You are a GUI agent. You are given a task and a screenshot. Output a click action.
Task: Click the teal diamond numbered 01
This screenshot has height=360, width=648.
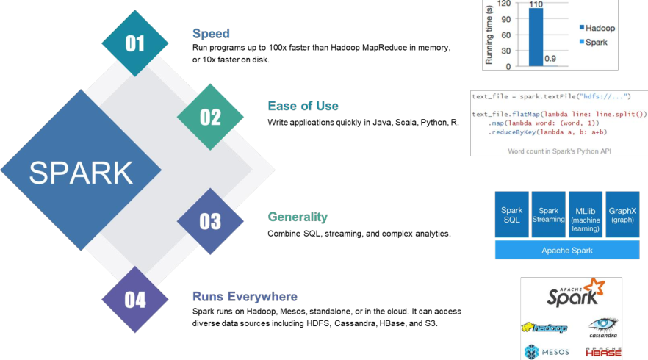click(135, 43)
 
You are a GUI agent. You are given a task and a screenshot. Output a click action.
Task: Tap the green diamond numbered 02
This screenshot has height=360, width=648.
click(210, 117)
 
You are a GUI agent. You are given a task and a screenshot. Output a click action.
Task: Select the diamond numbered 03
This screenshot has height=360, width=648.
click(210, 221)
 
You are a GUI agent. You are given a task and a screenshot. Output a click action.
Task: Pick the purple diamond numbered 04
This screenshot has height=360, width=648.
click(135, 300)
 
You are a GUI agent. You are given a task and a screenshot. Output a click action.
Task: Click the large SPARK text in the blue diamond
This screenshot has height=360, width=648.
click(81, 173)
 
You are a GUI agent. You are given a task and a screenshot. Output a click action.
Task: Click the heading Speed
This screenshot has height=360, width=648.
click(211, 34)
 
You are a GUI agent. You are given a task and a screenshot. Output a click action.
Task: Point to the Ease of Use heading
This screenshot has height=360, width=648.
click(303, 106)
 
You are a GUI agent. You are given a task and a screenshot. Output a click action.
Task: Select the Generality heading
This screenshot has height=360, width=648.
click(298, 217)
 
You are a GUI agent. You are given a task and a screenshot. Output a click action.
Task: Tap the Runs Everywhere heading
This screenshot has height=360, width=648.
click(245, 296)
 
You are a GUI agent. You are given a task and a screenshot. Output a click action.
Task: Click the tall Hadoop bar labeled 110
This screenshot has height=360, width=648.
click(536, 37)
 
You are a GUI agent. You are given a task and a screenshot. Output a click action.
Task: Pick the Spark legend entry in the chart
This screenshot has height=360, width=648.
click(594, 42)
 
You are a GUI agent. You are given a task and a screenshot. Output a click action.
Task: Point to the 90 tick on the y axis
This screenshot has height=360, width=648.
click(506, 19)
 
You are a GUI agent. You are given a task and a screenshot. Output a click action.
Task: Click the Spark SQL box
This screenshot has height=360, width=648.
click(511, 215)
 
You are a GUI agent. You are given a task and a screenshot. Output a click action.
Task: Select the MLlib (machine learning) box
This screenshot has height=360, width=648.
click(585, 215)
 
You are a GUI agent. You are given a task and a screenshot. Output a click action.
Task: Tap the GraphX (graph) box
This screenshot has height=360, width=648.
click(622, 215)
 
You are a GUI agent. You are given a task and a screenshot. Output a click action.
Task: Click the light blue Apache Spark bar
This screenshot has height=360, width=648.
click(567, 251)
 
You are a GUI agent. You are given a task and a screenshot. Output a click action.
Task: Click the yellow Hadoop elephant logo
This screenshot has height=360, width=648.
click(544, 328)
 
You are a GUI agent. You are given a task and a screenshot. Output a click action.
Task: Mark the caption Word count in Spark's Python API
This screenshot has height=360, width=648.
click(560, 151)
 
